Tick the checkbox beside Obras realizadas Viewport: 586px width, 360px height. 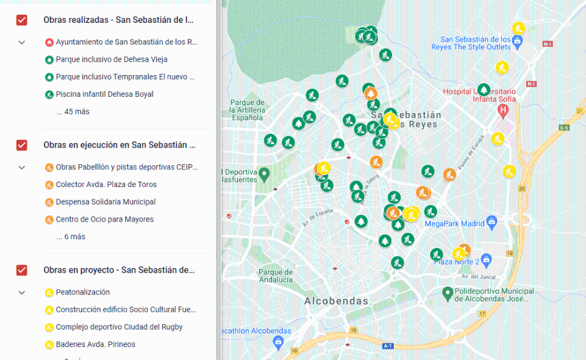22,20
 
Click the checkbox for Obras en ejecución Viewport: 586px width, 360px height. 22,145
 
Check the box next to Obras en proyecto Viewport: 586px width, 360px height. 22,270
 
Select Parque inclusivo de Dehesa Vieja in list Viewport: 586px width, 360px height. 111,59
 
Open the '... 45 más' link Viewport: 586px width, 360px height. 73,111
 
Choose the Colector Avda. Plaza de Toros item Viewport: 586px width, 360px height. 106,185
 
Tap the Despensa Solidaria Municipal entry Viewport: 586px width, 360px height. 105,202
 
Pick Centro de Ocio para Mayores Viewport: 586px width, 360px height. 104,219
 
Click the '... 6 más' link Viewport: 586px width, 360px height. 70,237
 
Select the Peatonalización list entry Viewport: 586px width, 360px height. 83,292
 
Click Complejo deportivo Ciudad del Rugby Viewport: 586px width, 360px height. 119,327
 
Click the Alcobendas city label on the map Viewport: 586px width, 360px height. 336,301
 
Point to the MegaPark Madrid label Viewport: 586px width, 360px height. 454,223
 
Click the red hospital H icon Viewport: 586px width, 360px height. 503,110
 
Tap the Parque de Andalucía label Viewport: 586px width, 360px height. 275,276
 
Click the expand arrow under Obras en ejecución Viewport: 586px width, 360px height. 22,168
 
